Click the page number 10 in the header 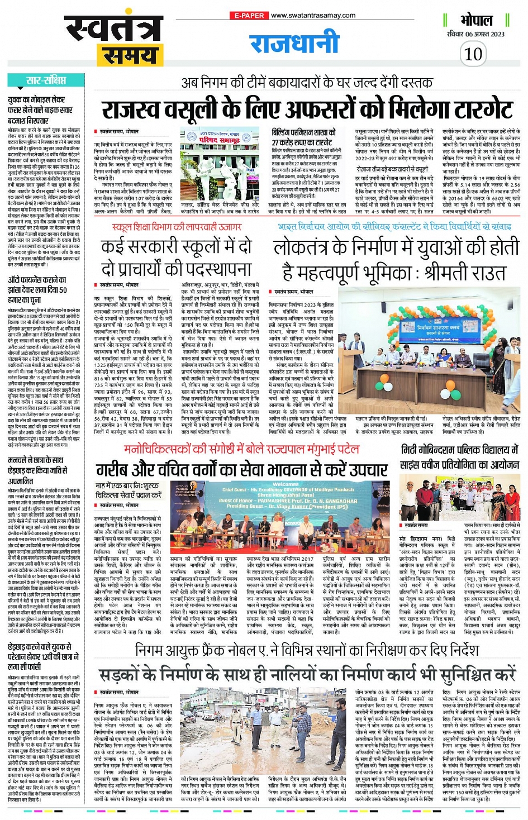tap(473, 54)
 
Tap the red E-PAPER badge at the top tap(249, 16)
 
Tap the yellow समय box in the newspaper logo tap(128, 55)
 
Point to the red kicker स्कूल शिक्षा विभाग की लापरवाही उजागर tap(177, 227)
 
